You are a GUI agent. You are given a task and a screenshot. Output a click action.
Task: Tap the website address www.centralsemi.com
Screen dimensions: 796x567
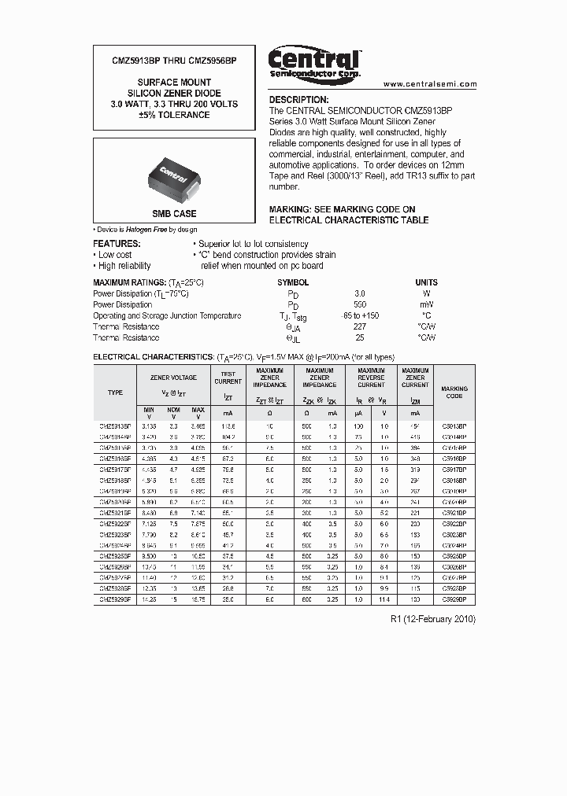click(430, 83)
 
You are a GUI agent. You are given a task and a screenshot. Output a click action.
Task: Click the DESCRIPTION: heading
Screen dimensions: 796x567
click(298, 101)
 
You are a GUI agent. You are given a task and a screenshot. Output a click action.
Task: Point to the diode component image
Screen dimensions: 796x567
click(175, 173)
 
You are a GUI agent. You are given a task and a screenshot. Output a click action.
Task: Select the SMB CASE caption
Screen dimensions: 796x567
click(174, 214)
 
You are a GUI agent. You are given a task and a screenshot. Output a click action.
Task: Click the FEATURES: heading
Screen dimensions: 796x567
click(117, 244)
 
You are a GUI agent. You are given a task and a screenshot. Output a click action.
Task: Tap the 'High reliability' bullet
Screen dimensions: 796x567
click(124, 266)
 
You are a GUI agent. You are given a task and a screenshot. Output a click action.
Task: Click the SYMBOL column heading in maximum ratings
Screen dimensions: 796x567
click(293, 282)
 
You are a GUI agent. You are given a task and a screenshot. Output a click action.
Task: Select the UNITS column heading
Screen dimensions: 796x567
click(426, 282)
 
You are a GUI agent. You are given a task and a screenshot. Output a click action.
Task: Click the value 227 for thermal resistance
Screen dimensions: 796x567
click(359, 326)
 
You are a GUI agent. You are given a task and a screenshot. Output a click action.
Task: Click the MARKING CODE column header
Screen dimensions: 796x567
click(454, 392)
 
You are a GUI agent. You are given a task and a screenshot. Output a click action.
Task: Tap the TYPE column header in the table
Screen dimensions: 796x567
click(115, 392)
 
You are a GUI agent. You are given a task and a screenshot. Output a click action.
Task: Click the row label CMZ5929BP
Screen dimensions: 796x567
click(115, 599)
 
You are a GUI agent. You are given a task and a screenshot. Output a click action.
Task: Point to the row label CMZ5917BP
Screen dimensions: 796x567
click(115, 468)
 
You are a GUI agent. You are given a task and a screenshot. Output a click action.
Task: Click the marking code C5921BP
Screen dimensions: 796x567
click(454, 512)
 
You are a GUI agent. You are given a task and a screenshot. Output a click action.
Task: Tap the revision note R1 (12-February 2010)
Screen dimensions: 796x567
click(433, 619)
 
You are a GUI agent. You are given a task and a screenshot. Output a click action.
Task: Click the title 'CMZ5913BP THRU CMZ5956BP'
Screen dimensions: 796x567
click(163, 61)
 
